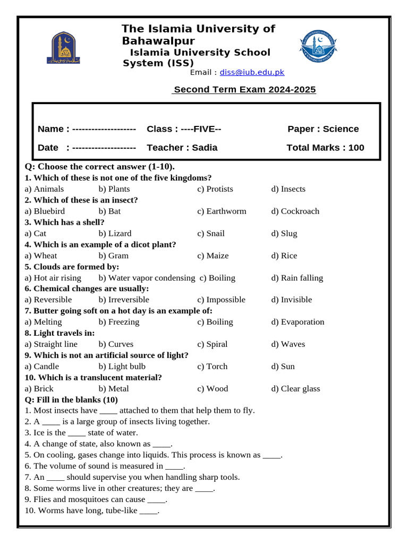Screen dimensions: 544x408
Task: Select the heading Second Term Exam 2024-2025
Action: click(x=244, y=89)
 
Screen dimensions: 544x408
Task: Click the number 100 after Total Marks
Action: click(x=356, y=148)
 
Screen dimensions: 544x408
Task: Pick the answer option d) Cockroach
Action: click(x=295, y=211)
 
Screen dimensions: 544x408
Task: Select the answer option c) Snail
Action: click(x=211, y=234)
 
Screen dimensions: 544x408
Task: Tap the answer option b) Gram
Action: click(x=114, y=256)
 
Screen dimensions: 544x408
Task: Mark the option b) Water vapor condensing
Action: click(x=147, y=278)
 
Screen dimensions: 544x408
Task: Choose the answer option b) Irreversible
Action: click(x=124, y=300)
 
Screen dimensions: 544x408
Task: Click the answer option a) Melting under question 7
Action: click(x=43, y=322)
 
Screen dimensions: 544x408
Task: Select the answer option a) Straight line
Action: click(x=51, y=344)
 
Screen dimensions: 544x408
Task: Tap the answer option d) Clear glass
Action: click(x=295, y=389)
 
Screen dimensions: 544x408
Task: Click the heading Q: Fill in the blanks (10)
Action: click(x=71, y=399)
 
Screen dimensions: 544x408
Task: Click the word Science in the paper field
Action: click(x=341, y=129)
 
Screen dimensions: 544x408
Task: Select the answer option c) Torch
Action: click(x=212, y=367)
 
